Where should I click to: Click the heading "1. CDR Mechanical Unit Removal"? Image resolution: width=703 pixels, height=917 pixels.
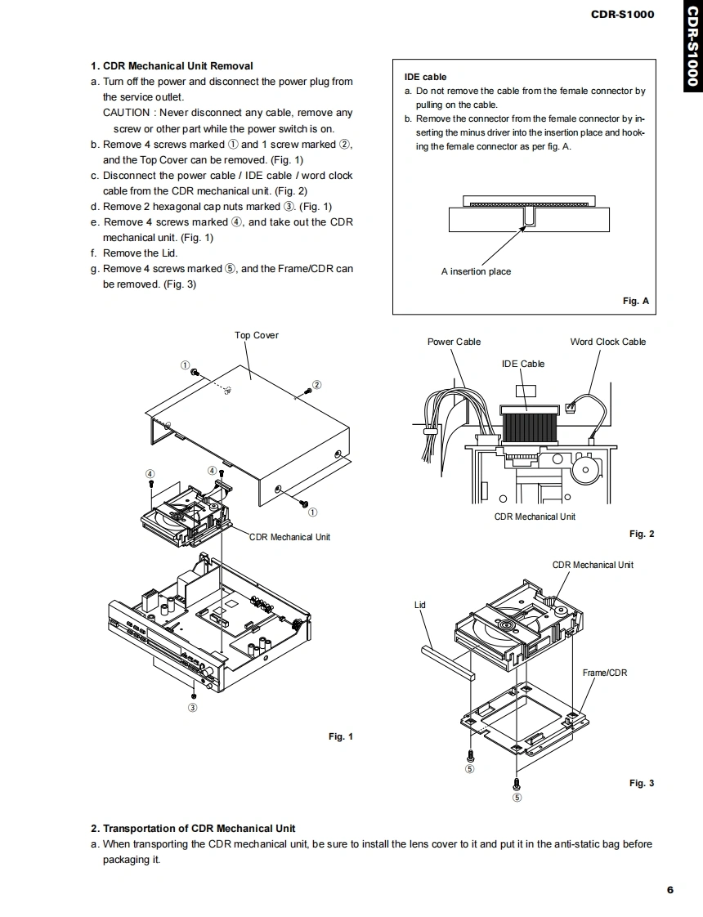point(172,66)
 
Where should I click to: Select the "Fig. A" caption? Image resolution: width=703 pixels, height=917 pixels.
point(635,301)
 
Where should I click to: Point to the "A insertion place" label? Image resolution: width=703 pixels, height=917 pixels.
point(476,271)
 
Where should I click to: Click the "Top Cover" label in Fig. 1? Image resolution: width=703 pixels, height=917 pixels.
point(257,335)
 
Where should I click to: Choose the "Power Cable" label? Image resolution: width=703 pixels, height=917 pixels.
point(454,342)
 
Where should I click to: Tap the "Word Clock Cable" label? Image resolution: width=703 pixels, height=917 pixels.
point(607,342)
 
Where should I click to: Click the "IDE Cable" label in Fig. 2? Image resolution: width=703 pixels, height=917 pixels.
point(522,364)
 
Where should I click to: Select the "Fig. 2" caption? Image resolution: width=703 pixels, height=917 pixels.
point(642,534)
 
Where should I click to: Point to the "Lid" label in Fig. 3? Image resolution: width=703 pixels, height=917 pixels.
point(420,605)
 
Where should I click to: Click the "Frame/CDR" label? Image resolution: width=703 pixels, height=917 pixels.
point(605,673)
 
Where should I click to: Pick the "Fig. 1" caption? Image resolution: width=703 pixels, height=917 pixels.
point(341,736)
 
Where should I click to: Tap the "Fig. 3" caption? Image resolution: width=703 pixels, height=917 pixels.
point(642,783)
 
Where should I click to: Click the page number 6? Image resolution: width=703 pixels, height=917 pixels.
point(669,890)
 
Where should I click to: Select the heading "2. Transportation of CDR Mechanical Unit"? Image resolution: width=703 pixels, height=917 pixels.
point(193,828)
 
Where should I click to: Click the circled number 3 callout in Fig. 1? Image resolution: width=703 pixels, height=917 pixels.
point(193,707)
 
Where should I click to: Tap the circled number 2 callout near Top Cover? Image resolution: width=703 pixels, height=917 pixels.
point(317,384)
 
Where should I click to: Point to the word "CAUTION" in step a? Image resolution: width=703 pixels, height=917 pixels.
point(126,113)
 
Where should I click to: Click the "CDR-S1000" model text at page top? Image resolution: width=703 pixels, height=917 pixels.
point(622,14)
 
